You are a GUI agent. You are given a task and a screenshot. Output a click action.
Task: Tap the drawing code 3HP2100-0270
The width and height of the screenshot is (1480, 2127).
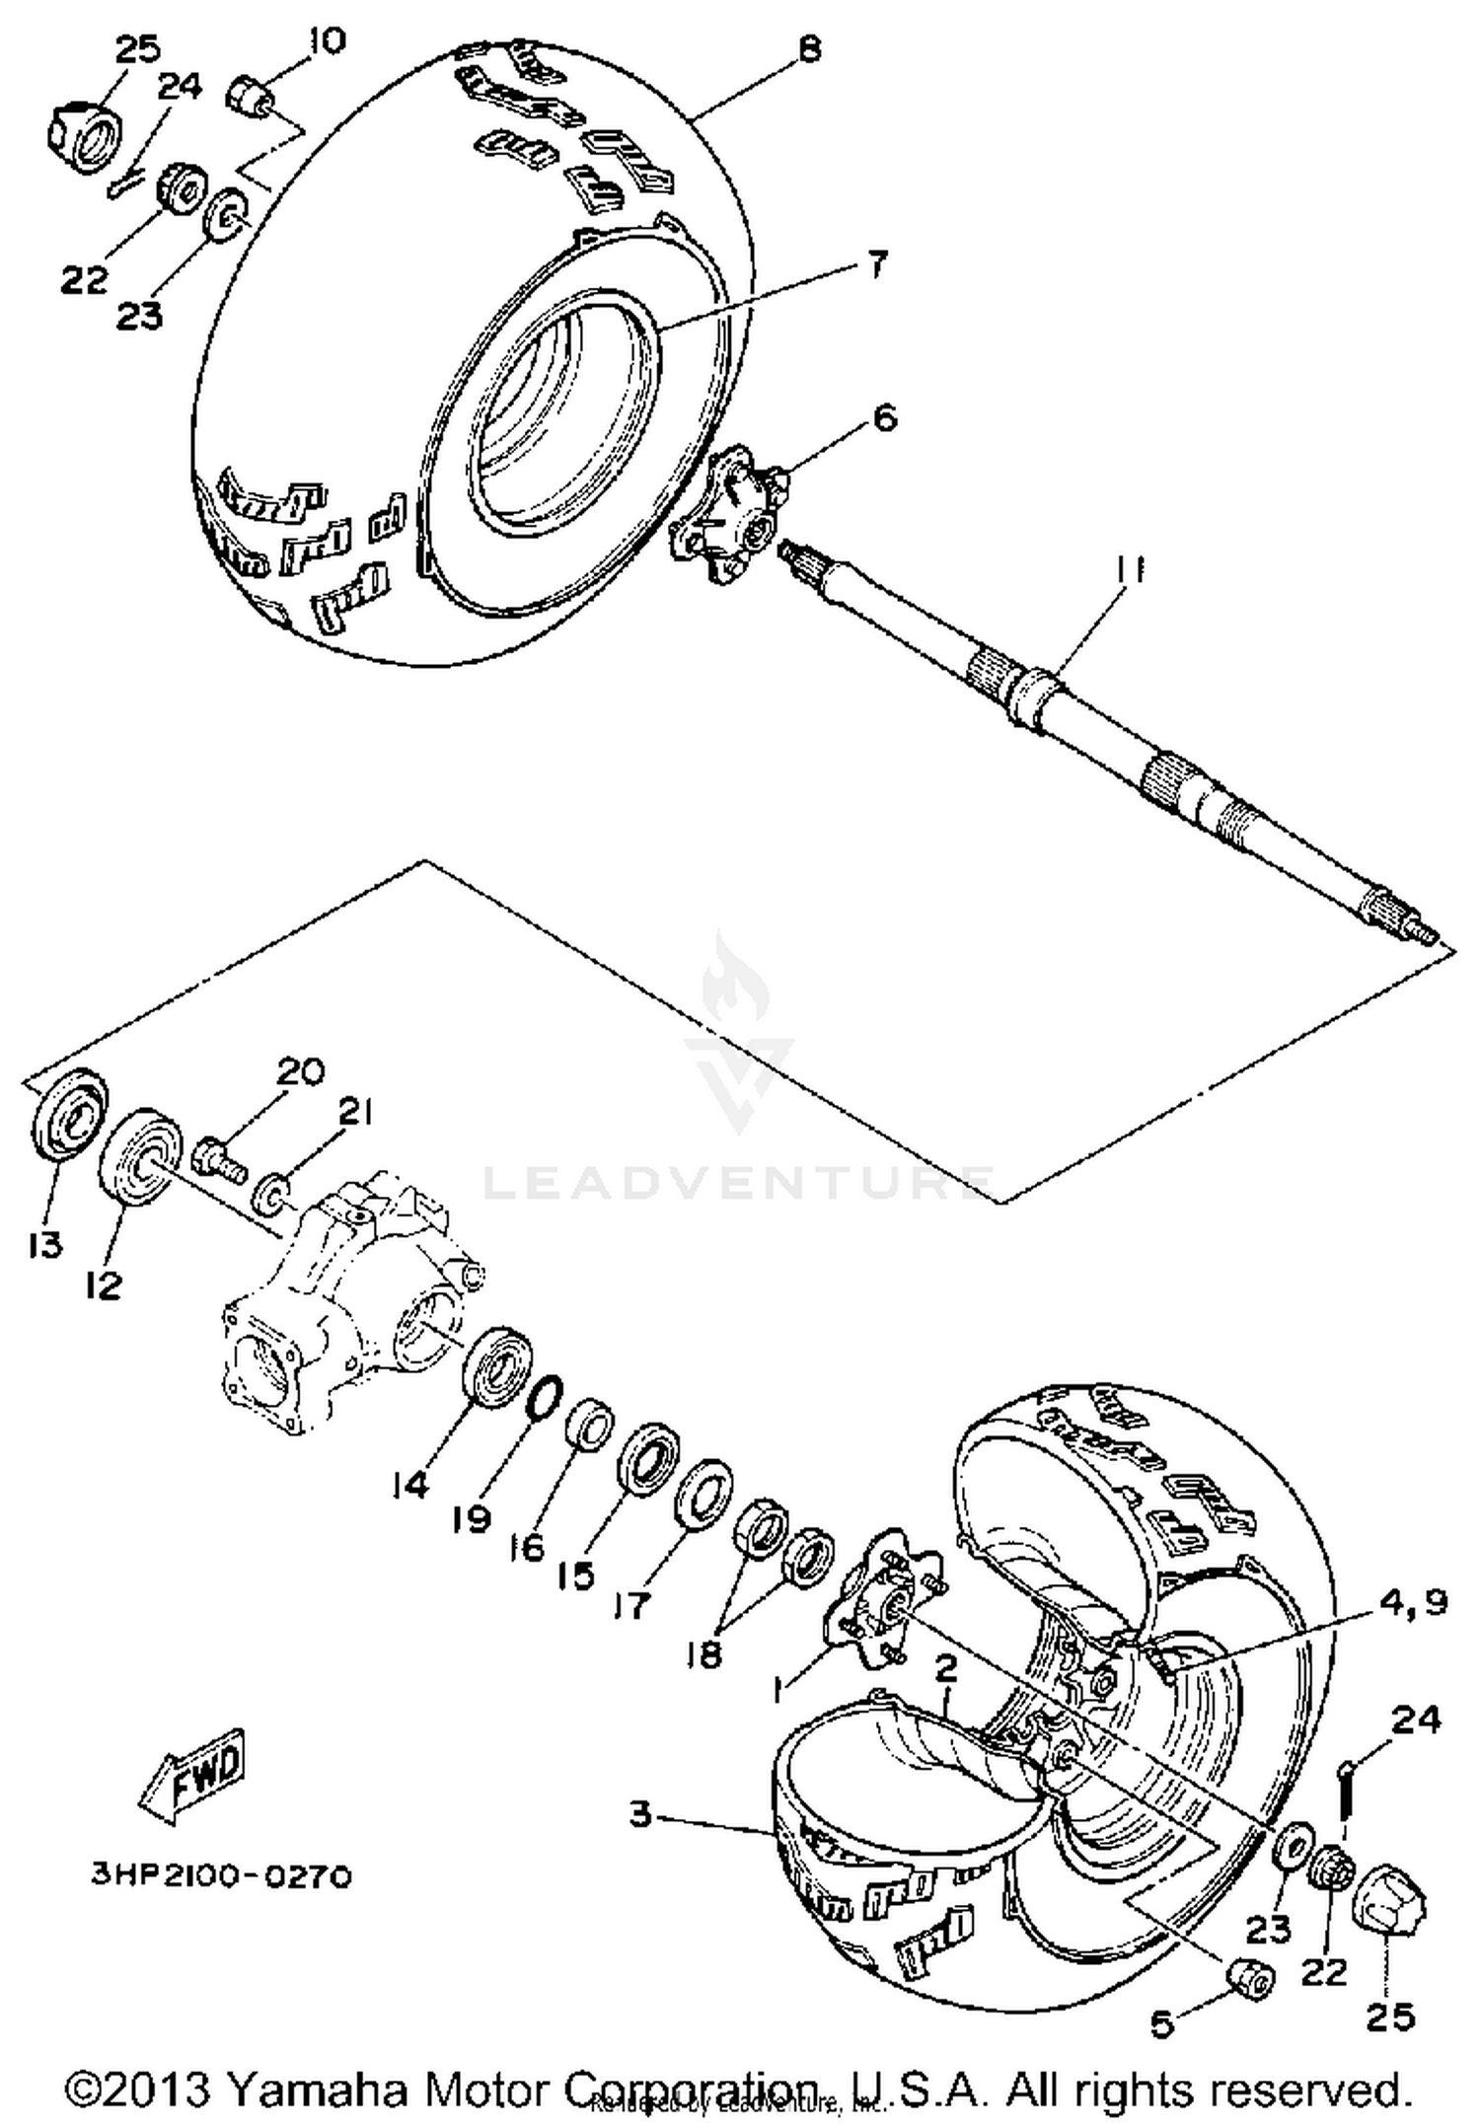221,1875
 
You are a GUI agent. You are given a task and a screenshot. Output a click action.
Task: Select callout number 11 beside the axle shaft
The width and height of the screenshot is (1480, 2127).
1130,570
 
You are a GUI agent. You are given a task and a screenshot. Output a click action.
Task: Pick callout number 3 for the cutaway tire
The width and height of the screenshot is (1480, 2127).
641,1813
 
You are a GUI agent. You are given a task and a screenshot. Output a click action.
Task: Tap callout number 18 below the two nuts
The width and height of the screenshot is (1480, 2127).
704,1652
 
